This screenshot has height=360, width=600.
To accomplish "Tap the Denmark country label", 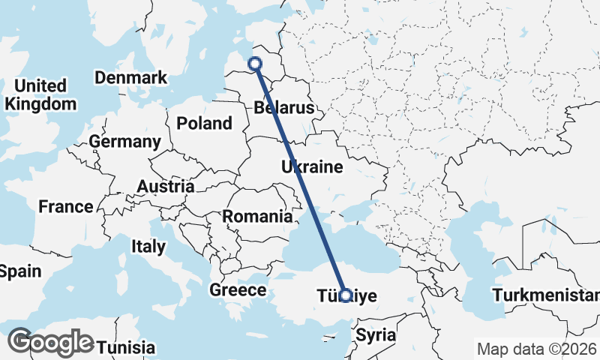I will pyautogui.click(x=130, y=77).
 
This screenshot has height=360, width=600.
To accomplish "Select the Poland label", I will pyautogui.click(x=204, y=123).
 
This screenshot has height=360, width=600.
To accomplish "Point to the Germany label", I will pyautogui.click(x=124, y=142).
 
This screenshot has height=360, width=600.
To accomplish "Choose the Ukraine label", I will pyautogui.click(x=312, y=166).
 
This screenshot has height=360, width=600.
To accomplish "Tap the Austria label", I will pyautogui.click(x=166, y=186).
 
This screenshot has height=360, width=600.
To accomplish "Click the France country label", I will pyautogui.click(x=66, y=206).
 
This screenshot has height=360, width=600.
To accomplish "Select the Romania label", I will pyautogui.click(x=257, y=217).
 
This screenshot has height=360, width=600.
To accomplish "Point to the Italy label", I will pyautogui.click(x=148, y=246).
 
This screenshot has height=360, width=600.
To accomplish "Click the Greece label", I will pyautogui.click(x=238, y=289).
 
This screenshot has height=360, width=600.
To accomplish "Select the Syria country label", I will pyautogui.click(x=376, y=334).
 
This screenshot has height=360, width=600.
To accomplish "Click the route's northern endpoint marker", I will pyautogui.click(x=255, y=64).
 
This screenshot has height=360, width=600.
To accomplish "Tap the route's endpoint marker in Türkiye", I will pyautogui.click(x=345, y=295).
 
